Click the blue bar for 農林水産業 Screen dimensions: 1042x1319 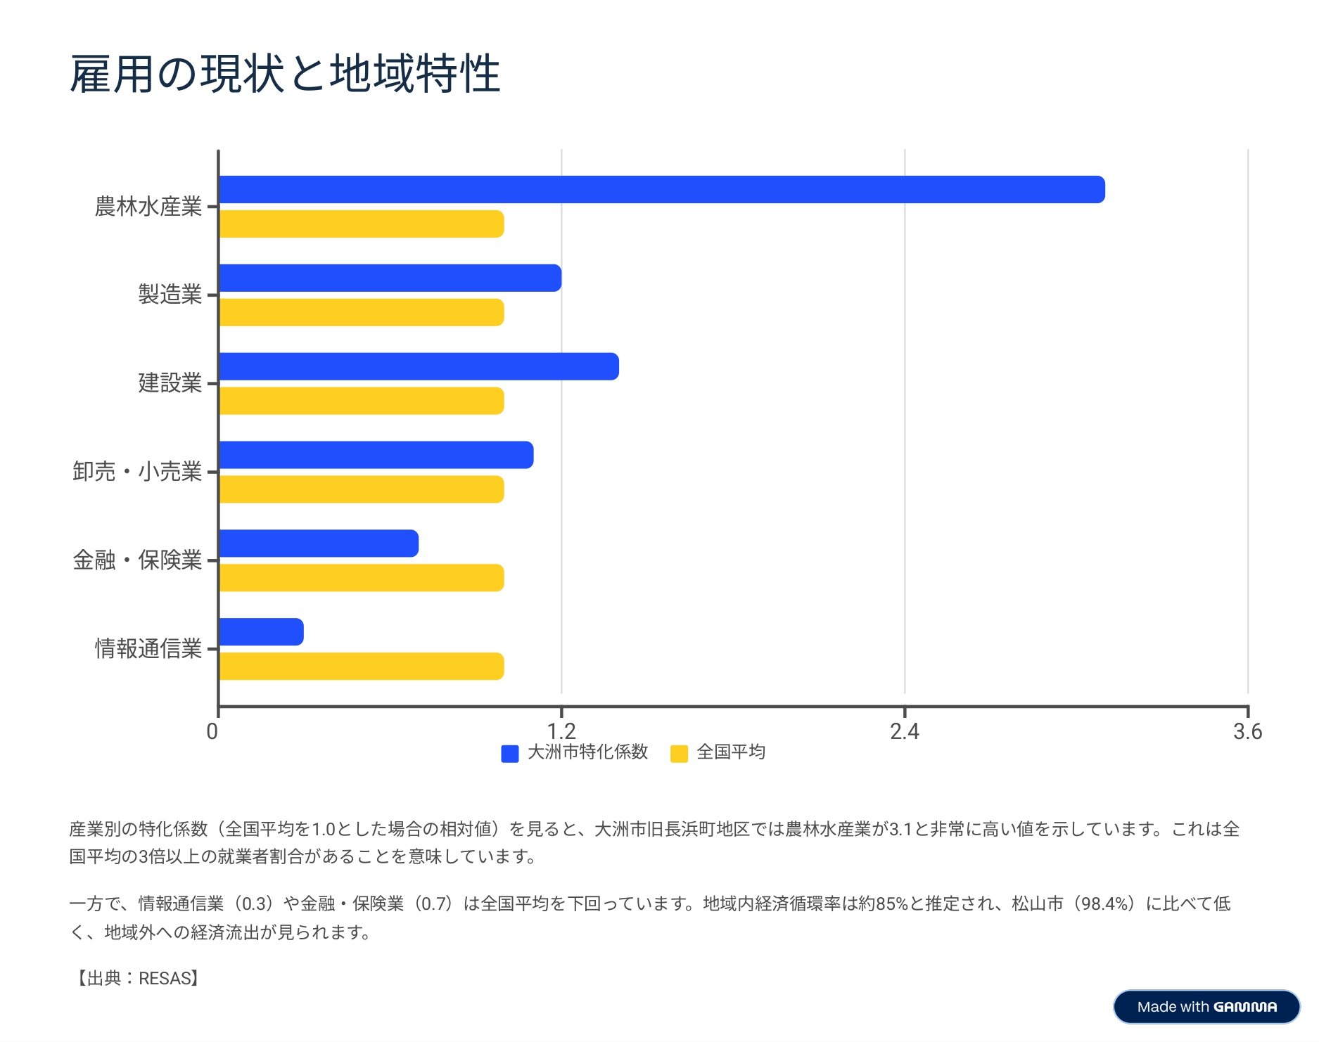pos(661,190)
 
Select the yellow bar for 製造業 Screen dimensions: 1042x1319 pos(362,313)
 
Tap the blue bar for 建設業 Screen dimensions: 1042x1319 pos(419,367)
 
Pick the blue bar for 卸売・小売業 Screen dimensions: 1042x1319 pos(376,455)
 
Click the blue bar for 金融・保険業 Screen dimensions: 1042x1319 pos(319,543)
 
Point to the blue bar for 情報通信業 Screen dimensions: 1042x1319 pos(261,632)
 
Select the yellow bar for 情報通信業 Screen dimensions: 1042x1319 pos(362,667)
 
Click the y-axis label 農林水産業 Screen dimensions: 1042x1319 pos(148,207)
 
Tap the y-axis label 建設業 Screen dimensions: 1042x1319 pos(170,383)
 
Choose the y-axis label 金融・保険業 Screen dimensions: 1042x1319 pos(137,560)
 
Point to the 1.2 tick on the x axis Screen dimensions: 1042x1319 pos(561,731)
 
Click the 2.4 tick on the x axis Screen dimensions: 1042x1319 pos(904,731)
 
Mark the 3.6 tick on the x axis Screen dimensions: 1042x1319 pos(1247,731)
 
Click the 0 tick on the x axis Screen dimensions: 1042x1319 pos(212,731)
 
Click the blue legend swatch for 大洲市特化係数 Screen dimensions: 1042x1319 pos(510,754)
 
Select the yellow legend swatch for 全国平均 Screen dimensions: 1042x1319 pos(679,754)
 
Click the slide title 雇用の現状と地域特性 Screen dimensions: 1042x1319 pos(285,74)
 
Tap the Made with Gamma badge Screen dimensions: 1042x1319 pos(1206,1007)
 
